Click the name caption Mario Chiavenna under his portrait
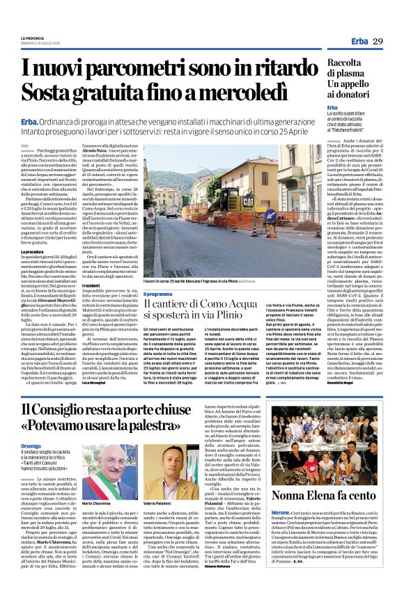98,503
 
